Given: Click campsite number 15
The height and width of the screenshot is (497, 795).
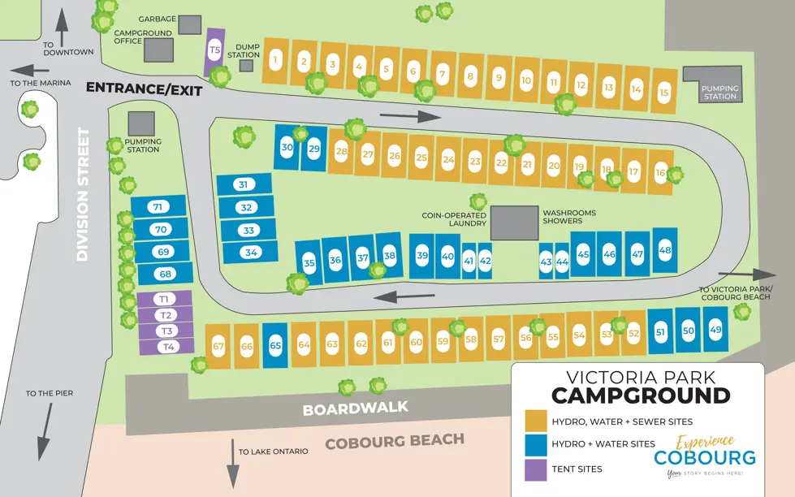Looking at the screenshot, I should (663, 91).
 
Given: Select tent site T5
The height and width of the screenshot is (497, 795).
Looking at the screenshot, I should (214, 50).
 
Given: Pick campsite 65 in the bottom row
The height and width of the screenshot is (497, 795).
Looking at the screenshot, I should (275, 345).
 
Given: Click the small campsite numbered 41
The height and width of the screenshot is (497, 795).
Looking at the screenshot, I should (469, 261).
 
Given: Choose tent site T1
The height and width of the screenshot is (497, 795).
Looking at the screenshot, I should (165, 299).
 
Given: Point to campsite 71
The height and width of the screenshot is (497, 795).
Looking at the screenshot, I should (158, 207).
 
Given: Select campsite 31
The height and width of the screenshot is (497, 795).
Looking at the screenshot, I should (244, 184).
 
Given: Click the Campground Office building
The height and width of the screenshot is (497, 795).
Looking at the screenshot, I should (158, 50).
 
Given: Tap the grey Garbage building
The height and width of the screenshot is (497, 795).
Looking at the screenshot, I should (189, 24).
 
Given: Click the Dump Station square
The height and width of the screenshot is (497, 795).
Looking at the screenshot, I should (246, 65).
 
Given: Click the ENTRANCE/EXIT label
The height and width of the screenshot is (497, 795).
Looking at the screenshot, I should (144, 89).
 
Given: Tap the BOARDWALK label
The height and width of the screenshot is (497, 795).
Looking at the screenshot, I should (355, 408).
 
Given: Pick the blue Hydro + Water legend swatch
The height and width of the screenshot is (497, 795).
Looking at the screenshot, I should (535, 444).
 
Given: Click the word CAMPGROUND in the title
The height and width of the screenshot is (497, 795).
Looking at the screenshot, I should (640, 395).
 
